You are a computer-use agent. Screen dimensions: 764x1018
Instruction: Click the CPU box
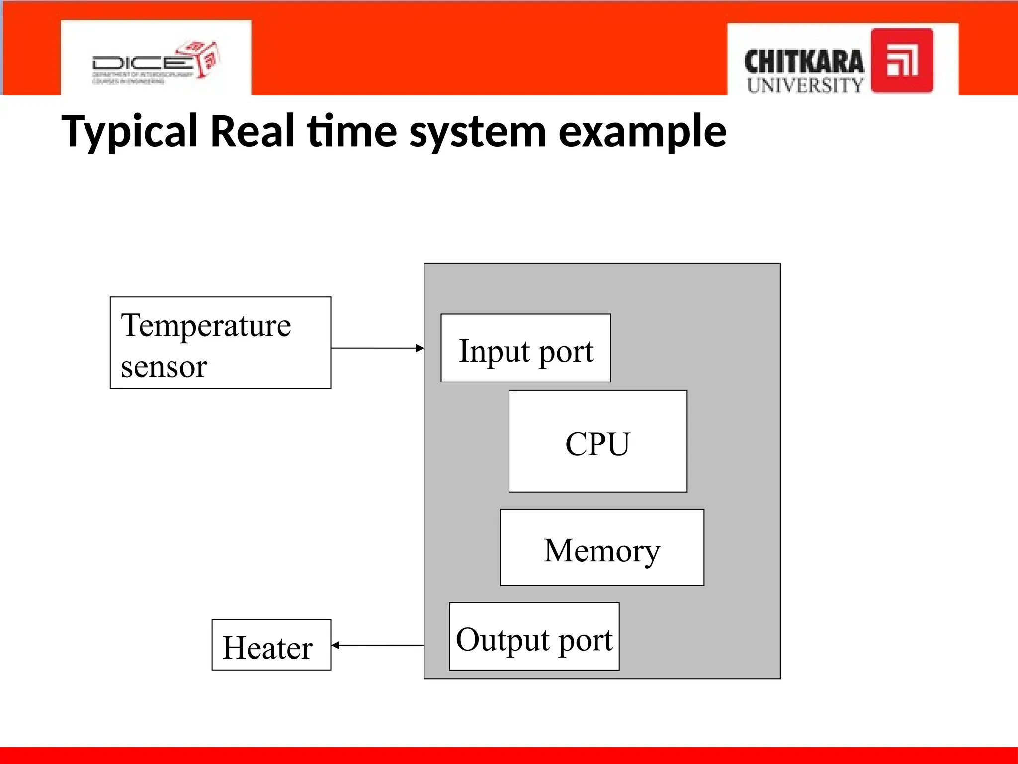click(597, 442)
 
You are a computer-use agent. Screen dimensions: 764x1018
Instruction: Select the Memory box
click(601, 548)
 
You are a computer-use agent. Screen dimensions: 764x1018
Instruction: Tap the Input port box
click(525, 348)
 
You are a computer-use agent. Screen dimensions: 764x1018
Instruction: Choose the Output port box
click(534, 637)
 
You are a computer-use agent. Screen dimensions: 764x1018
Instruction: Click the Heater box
click(271, 645)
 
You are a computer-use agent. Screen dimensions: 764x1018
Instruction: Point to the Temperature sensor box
click(220, 343)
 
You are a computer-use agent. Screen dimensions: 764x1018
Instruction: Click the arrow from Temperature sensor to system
click(377, 348)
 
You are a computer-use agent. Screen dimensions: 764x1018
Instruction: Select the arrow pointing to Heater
click(377, 645)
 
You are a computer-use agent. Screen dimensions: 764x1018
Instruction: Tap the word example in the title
click(642, 132)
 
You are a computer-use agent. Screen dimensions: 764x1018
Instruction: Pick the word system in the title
click(478, 132)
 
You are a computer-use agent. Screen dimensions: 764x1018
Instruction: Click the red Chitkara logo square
click(902, 61)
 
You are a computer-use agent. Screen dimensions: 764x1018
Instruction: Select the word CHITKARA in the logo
click(804, 62)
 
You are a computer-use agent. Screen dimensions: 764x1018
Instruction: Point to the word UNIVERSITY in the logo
click(805, 85)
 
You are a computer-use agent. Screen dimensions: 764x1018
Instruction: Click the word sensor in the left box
click(164, 367)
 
